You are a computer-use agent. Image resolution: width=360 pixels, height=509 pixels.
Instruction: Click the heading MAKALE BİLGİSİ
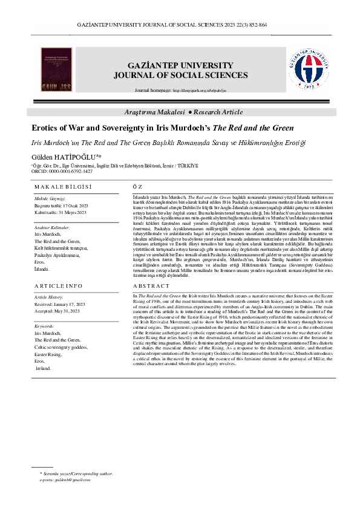(62, 187)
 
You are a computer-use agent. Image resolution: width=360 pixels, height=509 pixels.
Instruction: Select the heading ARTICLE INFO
(59, 285)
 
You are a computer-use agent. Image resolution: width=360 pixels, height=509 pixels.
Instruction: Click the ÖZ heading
(137, 187)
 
